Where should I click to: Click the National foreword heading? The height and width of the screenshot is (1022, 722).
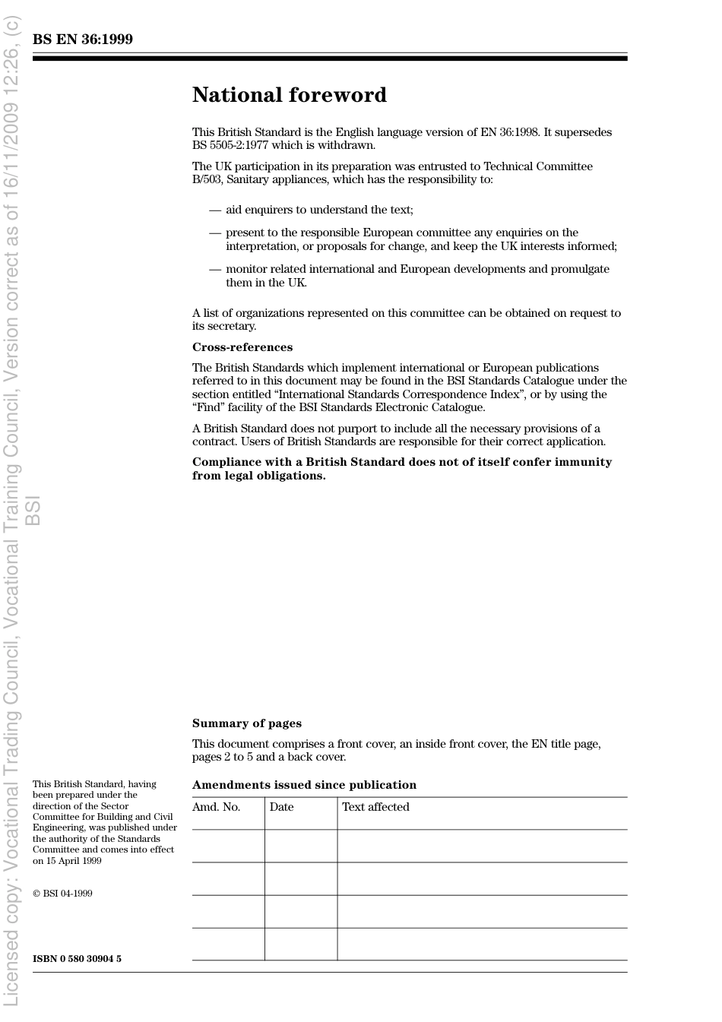tap(289, 95)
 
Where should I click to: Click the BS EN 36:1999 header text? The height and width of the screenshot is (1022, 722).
tap(83, 40)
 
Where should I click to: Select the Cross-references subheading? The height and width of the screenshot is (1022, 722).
tap(242, 347)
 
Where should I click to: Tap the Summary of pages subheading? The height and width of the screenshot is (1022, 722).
tap(246, 723)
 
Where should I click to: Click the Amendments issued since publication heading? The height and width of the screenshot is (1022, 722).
tap(304, 785)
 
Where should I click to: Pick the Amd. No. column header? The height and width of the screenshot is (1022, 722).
tap(216, 807)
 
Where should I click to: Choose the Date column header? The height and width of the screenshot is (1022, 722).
tap(281, 807)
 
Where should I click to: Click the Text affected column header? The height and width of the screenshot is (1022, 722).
tap(375, 807)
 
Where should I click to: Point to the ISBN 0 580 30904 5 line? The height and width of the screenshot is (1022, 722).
tap(77, 959)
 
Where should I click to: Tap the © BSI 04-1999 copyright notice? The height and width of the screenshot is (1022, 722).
tap(62, 894)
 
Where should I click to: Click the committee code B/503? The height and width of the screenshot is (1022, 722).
tap(206, 180)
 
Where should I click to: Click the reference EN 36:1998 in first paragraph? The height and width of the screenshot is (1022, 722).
tap(509, 132)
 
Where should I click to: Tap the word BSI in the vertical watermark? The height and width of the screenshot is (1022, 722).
tap(33, 510)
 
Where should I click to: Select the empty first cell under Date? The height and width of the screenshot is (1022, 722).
tap(301, 846)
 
